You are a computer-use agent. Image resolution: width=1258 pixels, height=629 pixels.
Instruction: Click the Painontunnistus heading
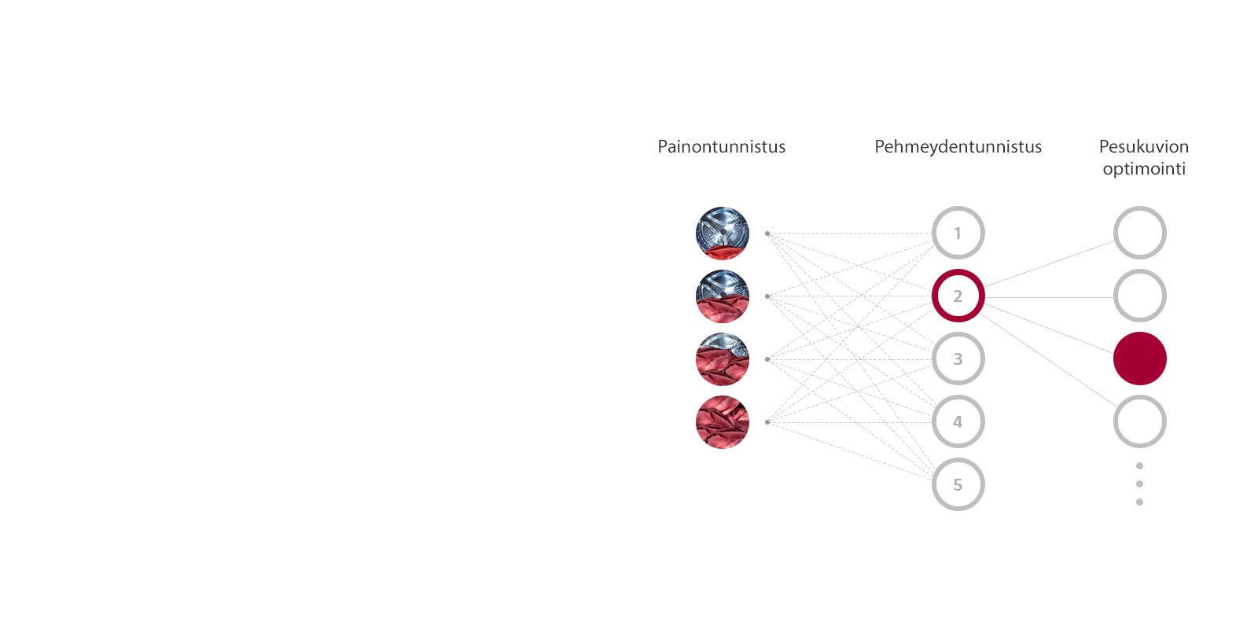721,147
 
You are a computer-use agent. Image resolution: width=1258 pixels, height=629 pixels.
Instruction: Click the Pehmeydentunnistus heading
958,147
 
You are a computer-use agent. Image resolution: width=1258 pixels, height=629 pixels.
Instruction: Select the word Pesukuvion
1143,147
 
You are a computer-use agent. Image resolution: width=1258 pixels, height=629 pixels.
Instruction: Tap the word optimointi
1143,169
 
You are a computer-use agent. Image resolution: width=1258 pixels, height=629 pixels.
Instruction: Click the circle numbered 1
958,233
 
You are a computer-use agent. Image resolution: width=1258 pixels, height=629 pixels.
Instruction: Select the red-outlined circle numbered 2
958,296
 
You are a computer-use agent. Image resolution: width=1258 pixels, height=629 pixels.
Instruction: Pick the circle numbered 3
958,359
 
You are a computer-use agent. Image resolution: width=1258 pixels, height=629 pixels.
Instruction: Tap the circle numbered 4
958,421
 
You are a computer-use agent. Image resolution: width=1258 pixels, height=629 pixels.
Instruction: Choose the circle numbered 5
958,484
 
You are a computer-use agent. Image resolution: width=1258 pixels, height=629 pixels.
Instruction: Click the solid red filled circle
1139,359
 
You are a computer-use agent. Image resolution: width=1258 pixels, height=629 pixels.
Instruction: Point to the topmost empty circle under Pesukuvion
1139,233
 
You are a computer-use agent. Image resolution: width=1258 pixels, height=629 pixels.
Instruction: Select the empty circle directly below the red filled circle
1139,421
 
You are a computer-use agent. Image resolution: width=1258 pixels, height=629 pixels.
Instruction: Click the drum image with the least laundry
722,234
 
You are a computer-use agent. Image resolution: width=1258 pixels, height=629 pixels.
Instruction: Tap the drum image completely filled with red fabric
722,422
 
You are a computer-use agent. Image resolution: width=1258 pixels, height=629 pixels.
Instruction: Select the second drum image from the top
722,296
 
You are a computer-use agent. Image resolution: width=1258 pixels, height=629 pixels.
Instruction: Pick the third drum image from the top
722,359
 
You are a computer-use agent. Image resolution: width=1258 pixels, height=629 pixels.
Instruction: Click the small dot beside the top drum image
767,234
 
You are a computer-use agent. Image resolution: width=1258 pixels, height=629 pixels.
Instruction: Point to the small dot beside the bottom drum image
767,422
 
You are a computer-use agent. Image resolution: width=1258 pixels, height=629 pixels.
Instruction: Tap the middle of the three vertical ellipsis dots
1139,484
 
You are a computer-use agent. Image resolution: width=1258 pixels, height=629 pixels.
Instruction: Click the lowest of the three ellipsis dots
1139,502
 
